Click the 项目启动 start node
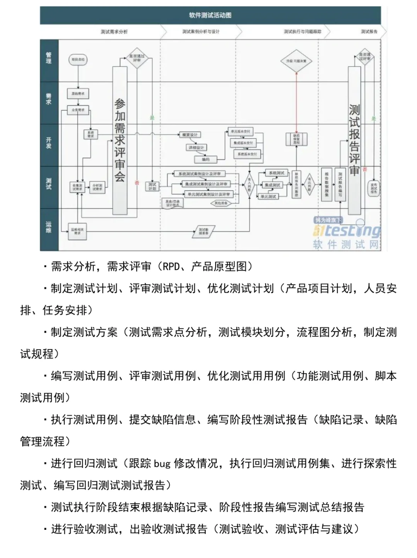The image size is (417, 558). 78,60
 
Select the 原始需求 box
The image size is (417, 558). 78,94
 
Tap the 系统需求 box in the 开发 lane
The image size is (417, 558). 91,134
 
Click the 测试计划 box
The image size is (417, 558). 153,186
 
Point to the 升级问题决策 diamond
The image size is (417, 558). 296,61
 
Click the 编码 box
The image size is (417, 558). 206,159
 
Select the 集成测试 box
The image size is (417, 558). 273,185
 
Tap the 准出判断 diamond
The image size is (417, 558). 309,185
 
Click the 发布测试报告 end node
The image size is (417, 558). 373,188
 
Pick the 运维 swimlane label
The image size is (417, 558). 49,227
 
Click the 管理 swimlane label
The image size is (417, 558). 49,58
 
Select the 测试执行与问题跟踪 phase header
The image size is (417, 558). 302,32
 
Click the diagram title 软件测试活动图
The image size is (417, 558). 210,15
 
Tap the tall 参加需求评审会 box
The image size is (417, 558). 120,140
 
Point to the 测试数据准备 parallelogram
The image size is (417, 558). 203,231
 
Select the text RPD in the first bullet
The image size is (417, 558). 171,267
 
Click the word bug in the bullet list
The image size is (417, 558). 162,464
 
